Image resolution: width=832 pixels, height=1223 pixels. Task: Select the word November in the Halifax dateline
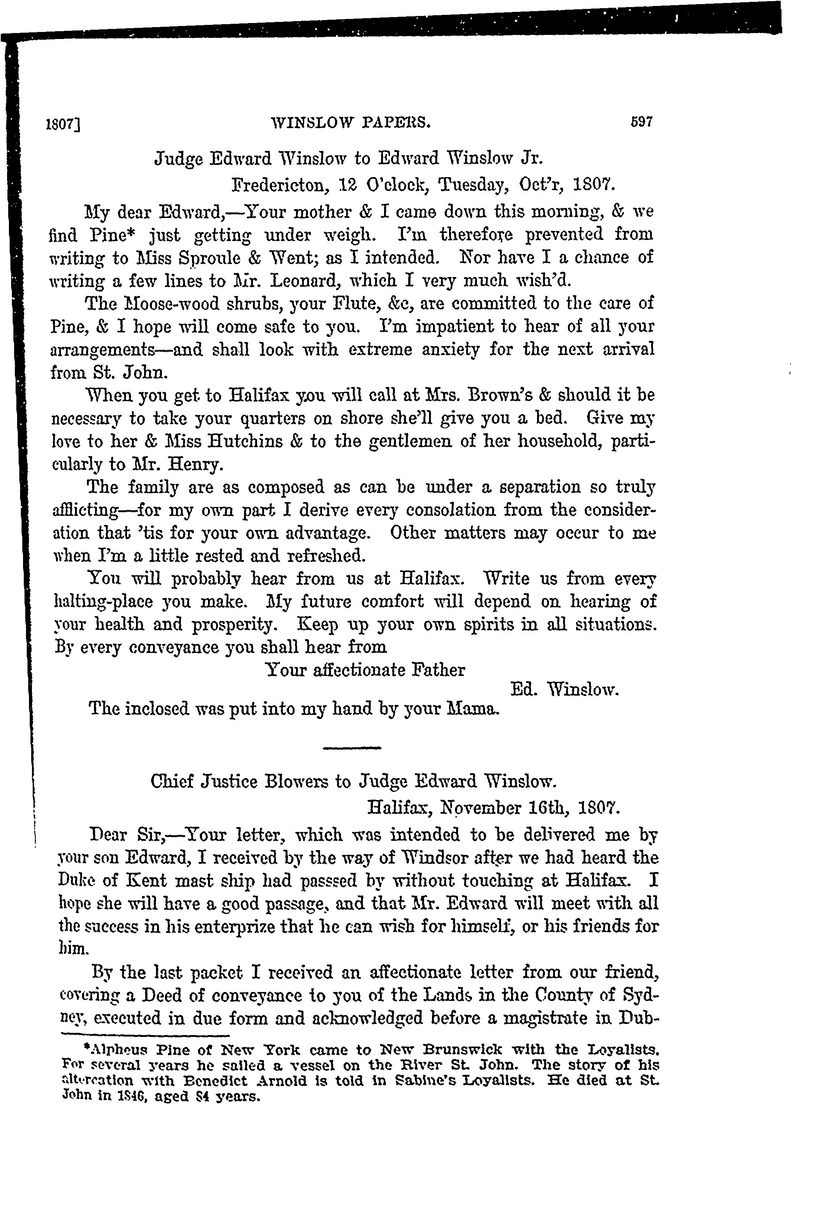click(x=481, y=807)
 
